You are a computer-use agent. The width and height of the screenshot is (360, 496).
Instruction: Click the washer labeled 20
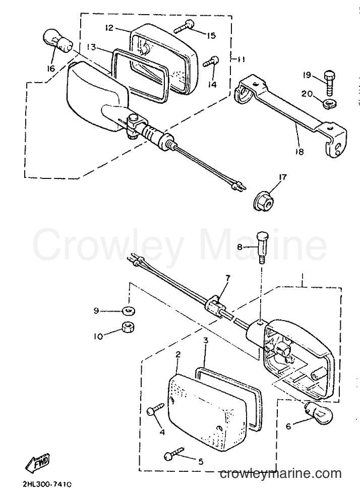[331, 103]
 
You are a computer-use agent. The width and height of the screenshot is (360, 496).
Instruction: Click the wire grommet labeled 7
[215, 304]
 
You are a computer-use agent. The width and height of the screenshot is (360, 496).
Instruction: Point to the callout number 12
[109, 28]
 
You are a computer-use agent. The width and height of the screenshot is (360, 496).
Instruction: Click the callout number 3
[206, 341]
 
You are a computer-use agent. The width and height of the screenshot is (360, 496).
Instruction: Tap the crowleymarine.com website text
[281, 473]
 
